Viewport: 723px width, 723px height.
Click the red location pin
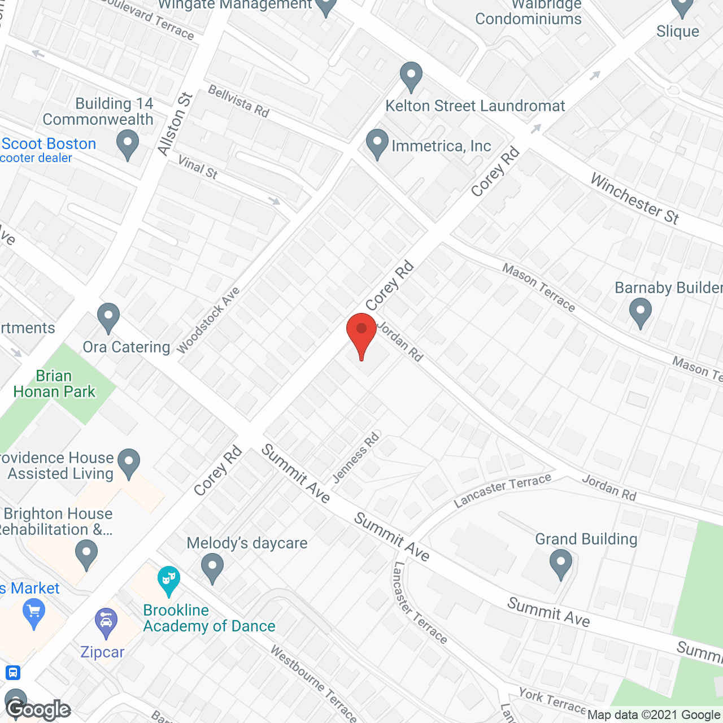pyautogui.click(x=361, y=333)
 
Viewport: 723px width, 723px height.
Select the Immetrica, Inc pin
pyautogui.click(x=377, y=143)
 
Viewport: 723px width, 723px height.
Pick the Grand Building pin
pyautogui.click(x=560, y=565)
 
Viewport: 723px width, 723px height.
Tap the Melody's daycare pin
pyautogui.click(x=212, y=567)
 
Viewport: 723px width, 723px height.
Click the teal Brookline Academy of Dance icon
pyautogui.click(x=168, y=581)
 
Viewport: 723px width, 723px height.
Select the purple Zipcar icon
pyautogui.click(x=106, y=622)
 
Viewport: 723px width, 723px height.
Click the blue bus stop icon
pyautogui.click(x=12, y=673)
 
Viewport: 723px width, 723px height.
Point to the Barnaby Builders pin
pyautogui.click(x=640, y=313)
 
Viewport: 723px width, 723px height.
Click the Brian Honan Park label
pyautogui.click(x=54, y=384)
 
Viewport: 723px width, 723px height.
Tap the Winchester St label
pyautogui.click(x=634, y=199)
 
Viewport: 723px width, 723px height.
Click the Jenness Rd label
pyautogui.click(x=356, y=458)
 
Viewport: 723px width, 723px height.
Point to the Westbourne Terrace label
pyautogui.click(x=313, y=683)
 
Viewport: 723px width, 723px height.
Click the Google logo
pyautogui.click(x=38, y=709)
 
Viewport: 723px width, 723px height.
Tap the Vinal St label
pyautogui.click(x=198, y=167)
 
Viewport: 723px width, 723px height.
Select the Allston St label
pyautogui.click(x=175, y=124)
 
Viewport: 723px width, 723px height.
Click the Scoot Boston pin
pyautogui.click(x=128, y=144)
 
